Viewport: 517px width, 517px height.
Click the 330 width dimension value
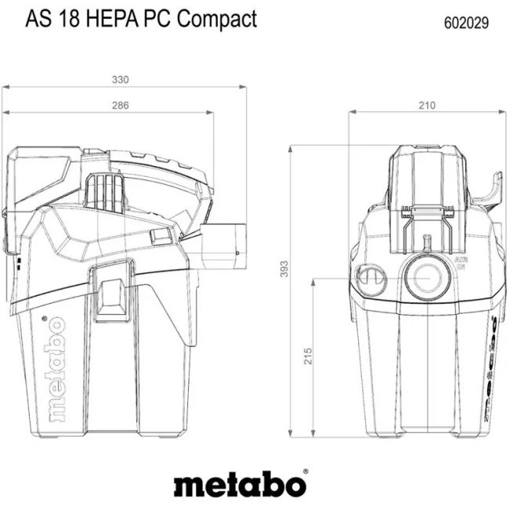click(x=121, y=79)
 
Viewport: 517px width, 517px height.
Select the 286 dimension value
click(x=120, y=105)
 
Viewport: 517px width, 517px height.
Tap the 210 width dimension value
click(x=428, y=105)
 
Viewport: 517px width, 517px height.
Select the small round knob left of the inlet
click(x=369, y=279)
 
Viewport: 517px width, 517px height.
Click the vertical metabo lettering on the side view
click(x=56, y=368)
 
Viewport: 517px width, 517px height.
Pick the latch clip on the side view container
click(x=110, y=297)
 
